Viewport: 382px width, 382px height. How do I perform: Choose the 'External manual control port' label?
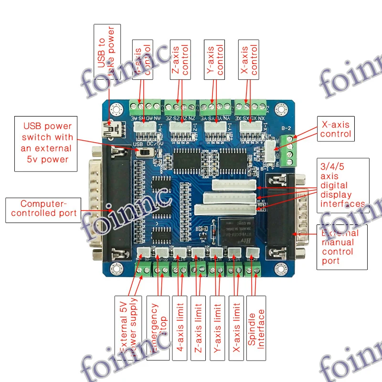[x=342, y=247]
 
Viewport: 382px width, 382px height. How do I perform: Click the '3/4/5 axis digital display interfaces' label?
[x=342, y=186]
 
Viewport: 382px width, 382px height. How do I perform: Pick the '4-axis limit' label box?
[x=180, y=328]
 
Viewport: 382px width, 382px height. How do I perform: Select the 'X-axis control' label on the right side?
[x=335, y=129]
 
